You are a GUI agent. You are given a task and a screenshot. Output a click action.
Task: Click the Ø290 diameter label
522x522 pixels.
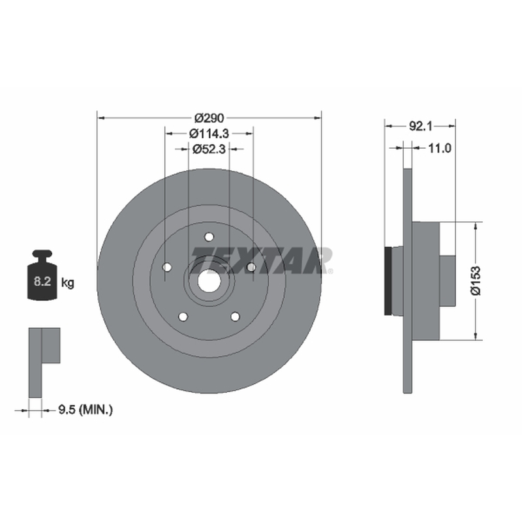click(209, 118)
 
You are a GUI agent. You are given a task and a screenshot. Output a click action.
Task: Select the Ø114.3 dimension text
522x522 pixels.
click(209, 134)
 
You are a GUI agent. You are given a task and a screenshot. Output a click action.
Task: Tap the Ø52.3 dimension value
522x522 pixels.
click(209, 149)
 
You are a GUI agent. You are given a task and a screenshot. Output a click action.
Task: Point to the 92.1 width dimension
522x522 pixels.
click(420, 126)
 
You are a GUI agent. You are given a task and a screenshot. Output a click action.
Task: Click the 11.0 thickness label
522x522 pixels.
click(439, 148)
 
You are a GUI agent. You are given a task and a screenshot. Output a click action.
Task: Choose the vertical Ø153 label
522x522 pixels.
click(476, 281)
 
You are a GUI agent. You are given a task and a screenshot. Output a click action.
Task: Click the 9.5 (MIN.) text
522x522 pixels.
click(85, 410)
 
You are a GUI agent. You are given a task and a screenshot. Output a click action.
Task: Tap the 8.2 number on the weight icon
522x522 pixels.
click(42, 282)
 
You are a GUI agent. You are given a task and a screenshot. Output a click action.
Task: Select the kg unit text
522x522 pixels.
click(68, 283)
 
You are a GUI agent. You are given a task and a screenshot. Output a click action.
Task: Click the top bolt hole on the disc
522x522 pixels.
click(209, 237)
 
